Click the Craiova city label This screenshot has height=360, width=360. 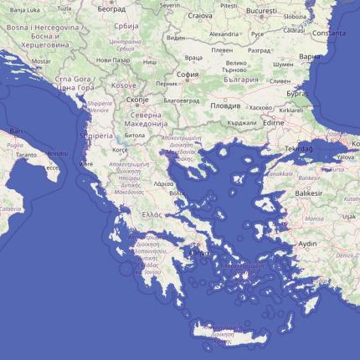coord(199,15)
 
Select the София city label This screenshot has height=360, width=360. coord(188,74)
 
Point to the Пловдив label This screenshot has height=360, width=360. coord(224,106)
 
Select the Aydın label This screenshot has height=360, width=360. coord(308,244)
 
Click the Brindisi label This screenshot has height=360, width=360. coord(58,155)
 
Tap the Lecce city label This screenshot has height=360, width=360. coord(52,167)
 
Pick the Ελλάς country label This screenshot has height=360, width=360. coord(152,214)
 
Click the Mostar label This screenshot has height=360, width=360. coord(40,61)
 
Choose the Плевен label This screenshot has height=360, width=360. coord(221,49)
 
